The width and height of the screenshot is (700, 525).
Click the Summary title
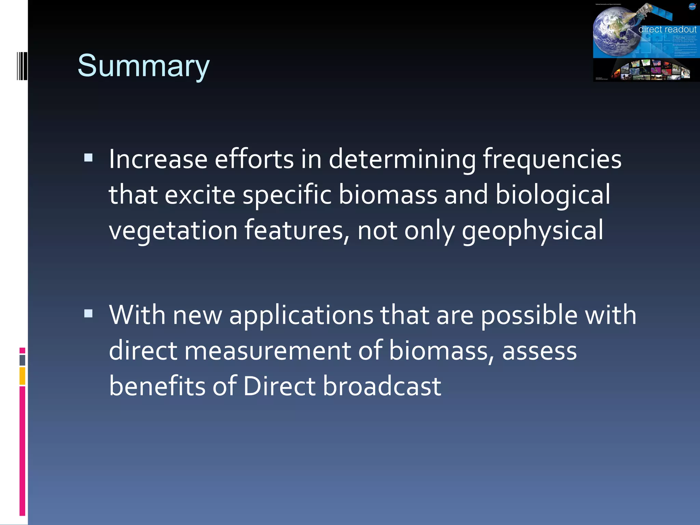click(x=143, y=66)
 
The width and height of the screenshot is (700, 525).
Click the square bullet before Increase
click(x=89, y=158)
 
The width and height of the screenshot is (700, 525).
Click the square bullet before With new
click(x=89, y=313)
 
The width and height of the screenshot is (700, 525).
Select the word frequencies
click(x=552, y=160)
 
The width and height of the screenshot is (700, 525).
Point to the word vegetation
click(x=173, y=230)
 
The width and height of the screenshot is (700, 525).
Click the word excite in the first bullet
click(x=200, y=195)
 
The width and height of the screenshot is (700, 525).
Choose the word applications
click(x=301, y=315)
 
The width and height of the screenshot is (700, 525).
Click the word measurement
click(x=268, y=351)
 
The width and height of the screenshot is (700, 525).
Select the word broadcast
click(x=382, y=387)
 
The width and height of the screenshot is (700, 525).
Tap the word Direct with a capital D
click(x=279, y=387)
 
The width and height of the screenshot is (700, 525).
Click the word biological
click(x=553, y=195)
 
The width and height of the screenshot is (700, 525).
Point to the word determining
click(x=402, y=160)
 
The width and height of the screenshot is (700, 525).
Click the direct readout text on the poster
click(x=667, y=30)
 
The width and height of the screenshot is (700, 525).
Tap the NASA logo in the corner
click(x=692, y=6)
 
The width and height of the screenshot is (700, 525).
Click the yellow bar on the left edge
click(x=22, y=376)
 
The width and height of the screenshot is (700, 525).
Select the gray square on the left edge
click(x=22, y=360)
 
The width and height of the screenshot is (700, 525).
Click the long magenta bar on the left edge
click(x=22, y=450)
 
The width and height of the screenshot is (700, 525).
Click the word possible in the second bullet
click(x=529, y=315)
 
